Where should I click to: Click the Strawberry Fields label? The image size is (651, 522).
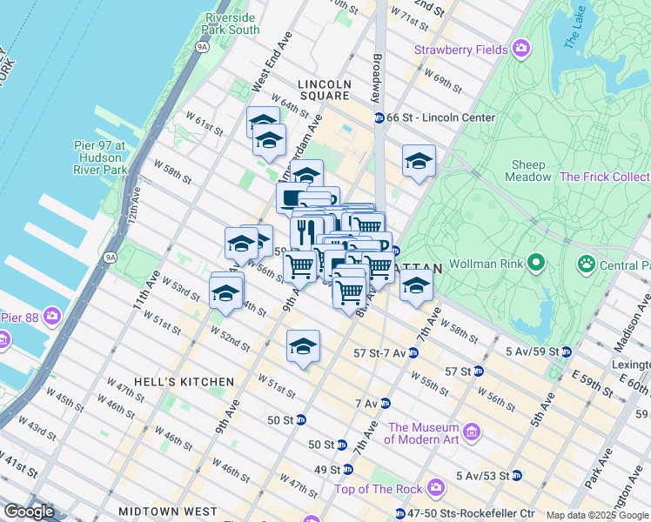pos(461,50)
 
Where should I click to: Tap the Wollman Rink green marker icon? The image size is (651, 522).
pos(536,261)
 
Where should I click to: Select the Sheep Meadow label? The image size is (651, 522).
pos(529,171)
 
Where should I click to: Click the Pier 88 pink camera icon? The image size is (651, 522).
pos(53,315)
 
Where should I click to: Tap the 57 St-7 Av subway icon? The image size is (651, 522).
pos(413,353)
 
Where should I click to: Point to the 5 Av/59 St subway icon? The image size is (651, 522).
pos(567,352)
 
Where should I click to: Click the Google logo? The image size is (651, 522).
pos(29,511)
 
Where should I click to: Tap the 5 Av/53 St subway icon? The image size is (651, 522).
pos(517,475)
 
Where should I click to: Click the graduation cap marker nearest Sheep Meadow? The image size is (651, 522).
pos(419,161)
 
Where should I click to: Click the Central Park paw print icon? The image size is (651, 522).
pos(587,263)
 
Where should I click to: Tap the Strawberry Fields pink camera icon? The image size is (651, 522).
pos(521,48)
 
